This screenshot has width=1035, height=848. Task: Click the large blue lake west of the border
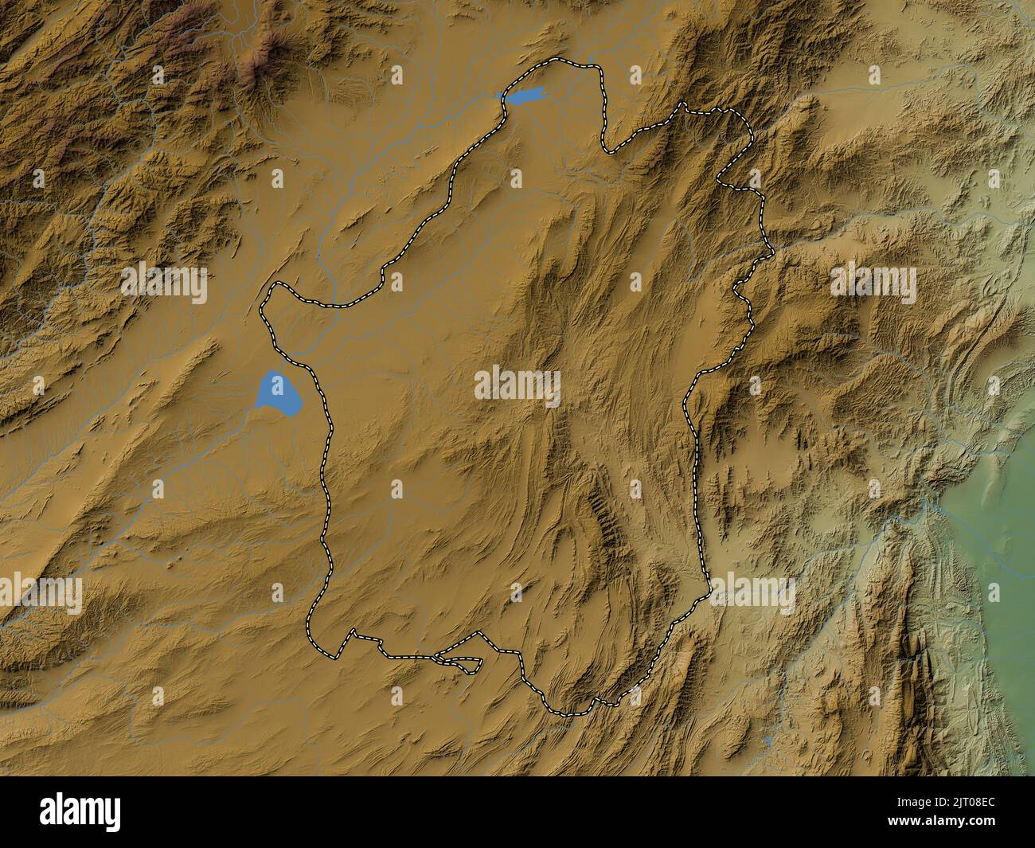point(278,392)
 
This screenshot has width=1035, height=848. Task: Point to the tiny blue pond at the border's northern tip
point(592,58)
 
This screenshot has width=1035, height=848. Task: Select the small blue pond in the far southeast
point(767,741)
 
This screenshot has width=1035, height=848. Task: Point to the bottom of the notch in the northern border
point(609,150)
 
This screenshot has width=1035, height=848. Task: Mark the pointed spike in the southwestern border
point(350,631)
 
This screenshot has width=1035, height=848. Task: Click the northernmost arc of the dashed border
point(557,61)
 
